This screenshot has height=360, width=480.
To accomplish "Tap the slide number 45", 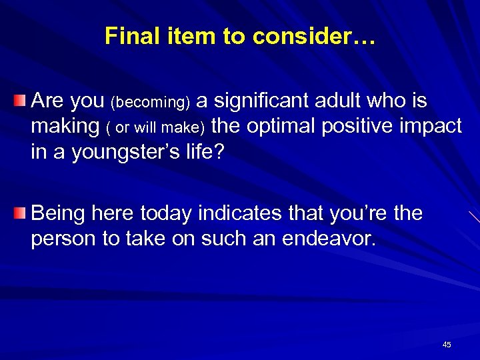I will pyautogui.click(x=447, y=345).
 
